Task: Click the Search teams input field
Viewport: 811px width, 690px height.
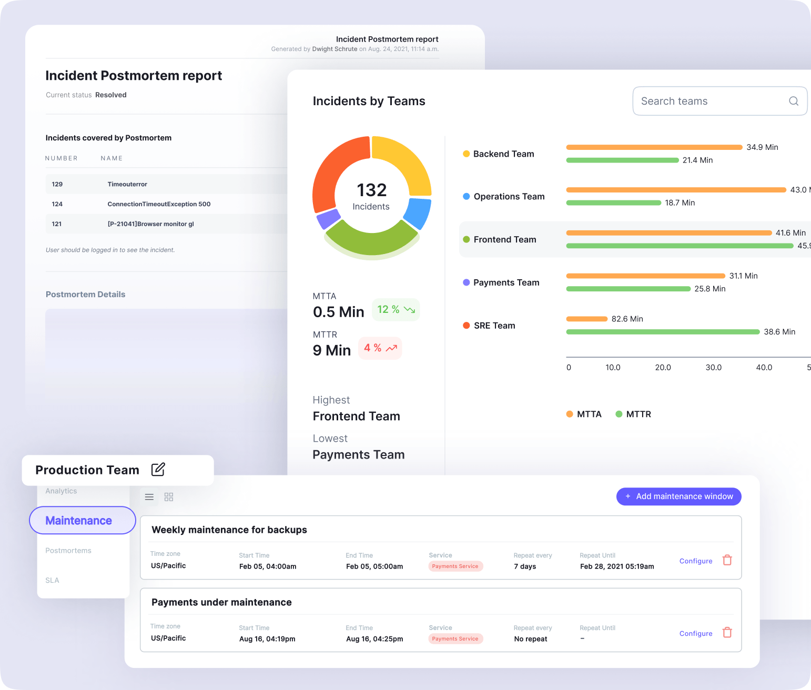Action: tap(710, 101)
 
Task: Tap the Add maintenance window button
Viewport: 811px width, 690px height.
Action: tap(678, 496)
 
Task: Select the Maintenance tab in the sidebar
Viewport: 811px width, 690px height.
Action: tap(83, 521)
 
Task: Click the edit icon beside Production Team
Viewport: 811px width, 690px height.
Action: tap(158, 469)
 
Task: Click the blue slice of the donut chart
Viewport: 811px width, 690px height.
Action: tap(419, 212)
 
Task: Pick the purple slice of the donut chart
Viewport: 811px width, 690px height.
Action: tap(328, 218)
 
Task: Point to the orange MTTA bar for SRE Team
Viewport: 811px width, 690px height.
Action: tap(586, 319)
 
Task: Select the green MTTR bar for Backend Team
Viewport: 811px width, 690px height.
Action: tap(622, 160)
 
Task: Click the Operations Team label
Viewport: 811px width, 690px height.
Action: tap(509, 197)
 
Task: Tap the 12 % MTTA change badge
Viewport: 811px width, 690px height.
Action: tap(396, 310)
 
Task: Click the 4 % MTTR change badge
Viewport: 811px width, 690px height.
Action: tap(380, 348)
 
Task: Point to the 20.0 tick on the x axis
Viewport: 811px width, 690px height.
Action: tap(663, 368)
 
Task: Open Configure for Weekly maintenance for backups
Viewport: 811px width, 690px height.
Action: tap(695, 561)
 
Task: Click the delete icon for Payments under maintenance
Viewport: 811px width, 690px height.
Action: tap(727, 633)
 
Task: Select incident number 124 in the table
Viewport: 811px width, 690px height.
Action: tap(57, 204)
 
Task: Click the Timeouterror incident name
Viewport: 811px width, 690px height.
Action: tap(127, 184)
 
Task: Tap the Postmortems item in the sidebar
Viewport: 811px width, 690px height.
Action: tap(68, 551)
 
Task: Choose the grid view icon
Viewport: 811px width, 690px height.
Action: tap(169, 497)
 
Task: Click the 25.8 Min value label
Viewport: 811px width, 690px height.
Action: tap(709, 289)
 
